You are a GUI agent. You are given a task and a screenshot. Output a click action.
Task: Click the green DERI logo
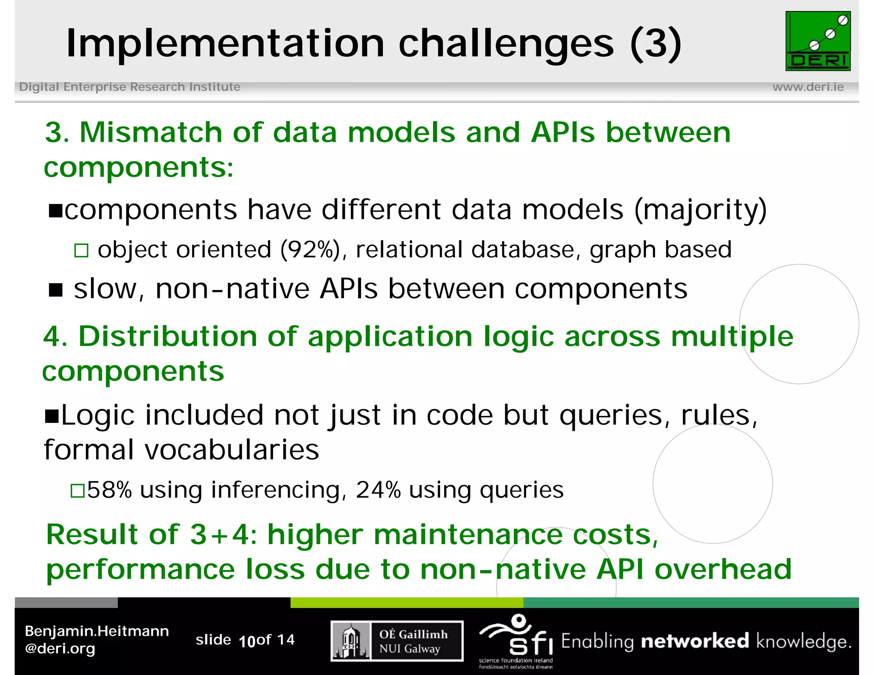point(818,41)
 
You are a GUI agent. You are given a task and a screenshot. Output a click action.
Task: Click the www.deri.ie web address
point(808,87)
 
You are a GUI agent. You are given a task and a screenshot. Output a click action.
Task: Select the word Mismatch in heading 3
point(150,132)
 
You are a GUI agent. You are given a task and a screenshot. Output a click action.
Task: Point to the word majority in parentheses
point(700,210)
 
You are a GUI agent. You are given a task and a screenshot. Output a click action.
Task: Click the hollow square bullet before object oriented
point(81,250)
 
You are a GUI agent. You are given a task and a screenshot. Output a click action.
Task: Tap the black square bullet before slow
point(56,290)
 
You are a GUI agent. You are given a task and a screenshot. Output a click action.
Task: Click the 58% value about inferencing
point(109,490)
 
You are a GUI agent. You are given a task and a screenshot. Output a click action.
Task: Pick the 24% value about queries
point(378,490)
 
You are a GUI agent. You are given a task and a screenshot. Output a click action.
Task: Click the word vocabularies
point(232,450)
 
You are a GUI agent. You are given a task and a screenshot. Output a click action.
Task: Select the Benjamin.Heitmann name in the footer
point(97,631)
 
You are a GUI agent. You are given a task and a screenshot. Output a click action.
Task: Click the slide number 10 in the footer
point(247,641)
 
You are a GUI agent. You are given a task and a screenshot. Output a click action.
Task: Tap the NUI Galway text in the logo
point(409,649)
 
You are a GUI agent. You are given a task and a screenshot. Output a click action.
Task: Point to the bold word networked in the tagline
point(695,641)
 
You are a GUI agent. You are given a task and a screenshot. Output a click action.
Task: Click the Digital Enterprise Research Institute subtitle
point(130,87)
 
